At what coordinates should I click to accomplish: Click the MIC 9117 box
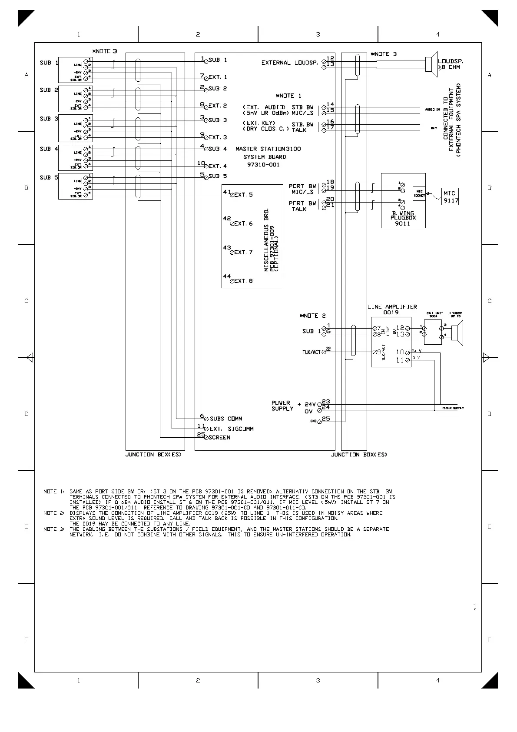point(450,196)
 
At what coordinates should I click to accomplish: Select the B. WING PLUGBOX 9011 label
point(403,218)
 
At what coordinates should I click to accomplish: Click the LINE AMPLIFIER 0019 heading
point(392,309)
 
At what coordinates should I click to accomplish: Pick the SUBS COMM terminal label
point(226,419)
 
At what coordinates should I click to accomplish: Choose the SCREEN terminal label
point(219,437)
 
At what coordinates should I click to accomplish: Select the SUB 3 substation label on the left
point(49,119)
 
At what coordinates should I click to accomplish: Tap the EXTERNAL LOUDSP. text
point(289,63)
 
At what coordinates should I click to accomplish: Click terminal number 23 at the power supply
point(326,402)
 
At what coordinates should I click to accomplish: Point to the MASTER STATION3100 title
point(268,149)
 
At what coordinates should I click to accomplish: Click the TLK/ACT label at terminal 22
point(311,352)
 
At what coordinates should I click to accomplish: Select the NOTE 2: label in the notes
point(53,513)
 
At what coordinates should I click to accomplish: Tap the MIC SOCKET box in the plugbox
point(419,193)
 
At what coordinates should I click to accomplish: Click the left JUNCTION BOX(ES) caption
point(153,455)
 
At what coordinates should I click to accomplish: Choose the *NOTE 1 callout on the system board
point(288,96)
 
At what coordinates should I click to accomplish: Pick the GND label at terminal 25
point(313,422)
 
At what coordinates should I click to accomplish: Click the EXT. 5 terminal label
point(243,195)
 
